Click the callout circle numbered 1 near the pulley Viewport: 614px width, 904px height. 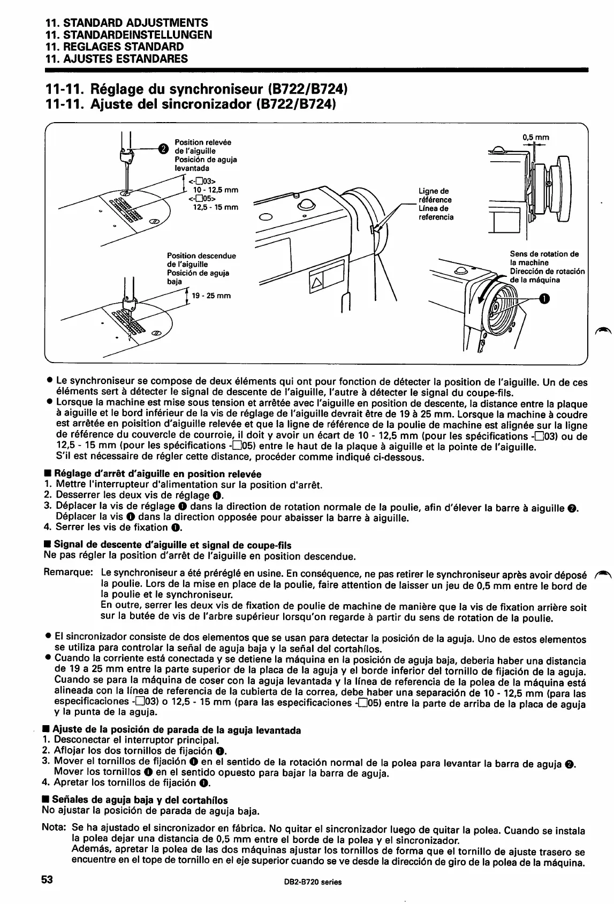point(544,299)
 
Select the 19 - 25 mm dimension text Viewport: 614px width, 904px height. point(211,295)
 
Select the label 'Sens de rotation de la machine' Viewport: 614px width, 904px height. point(544,258)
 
